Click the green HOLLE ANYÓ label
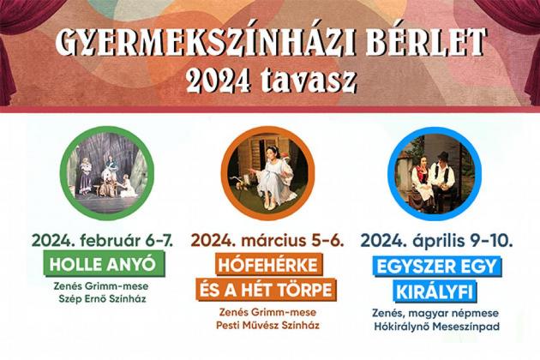(x=104, y=265)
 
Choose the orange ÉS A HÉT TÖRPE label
(x=267, y=290)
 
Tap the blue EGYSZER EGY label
(x=436, y=267)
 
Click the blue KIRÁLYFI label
(x=435, y=292)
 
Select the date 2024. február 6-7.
(x=102, y=241)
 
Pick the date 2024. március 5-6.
(x=267, y=241)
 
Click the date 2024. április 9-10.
(x=436, y=241)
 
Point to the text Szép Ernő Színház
(x=102, y=298)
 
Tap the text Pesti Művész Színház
(x=267, y=325)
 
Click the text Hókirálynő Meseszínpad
(x=436, y=327)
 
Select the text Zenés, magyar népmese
(x=435, y=313)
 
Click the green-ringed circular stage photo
(x=107, y=173)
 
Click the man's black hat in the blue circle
(x=443, y=155)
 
